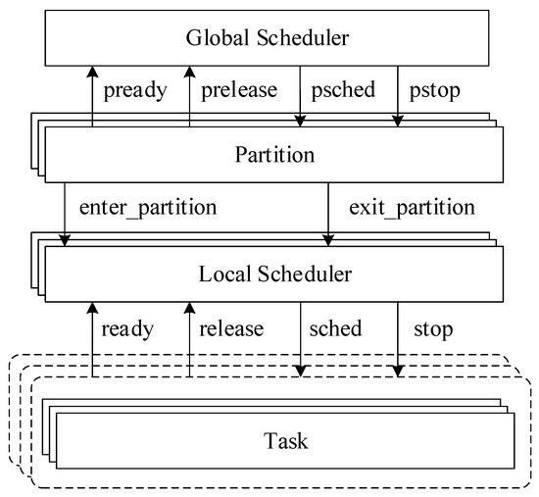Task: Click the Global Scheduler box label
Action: point(268,38)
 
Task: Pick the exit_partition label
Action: point(412,209)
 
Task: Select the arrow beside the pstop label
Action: point(398,94)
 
